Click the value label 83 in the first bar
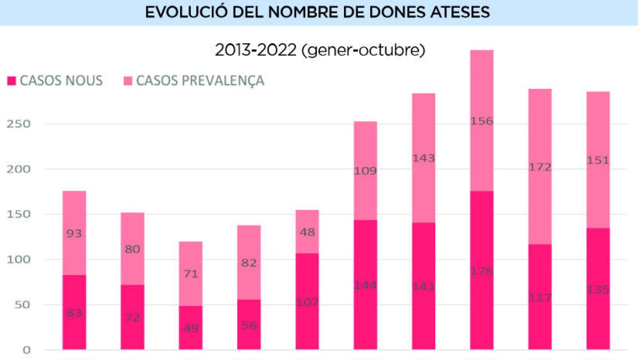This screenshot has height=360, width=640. (74, 313)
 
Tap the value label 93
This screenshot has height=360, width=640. (74, 234)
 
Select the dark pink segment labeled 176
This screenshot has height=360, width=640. (482, 251)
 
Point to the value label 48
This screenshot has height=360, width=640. (307, 233)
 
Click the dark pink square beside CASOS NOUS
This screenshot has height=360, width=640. (11, 81)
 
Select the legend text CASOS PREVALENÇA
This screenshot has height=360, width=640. (200, 81)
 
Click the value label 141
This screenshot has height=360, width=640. (423, 287)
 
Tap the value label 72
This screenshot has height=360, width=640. (132, 318)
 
